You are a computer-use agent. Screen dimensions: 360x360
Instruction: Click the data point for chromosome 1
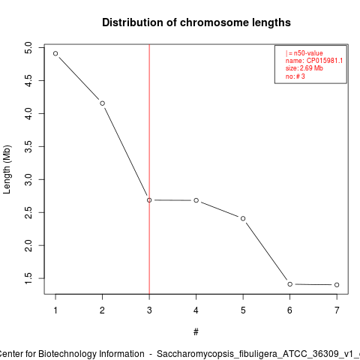(55, 53)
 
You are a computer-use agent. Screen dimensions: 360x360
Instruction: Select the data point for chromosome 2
(102, 103)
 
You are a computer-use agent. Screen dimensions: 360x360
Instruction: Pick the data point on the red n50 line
(149, 200)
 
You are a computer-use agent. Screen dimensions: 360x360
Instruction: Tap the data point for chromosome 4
(196, 200)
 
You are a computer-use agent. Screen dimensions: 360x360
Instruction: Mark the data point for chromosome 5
(243, 218)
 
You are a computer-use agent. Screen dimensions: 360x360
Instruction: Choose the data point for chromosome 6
(290, 284)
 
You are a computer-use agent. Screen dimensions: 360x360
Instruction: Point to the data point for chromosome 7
(337, 285)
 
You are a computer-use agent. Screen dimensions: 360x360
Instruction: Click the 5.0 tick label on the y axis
(28, 47)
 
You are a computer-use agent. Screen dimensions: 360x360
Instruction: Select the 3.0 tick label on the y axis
(28, 179)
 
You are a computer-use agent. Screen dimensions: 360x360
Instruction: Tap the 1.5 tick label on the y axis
(28, 278)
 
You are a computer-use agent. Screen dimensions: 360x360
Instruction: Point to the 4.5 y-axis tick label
(28, 80)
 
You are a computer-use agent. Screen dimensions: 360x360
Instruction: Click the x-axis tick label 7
(337, 310)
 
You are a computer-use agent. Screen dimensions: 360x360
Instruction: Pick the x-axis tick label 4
(196, 310)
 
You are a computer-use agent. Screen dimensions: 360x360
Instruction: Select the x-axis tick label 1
(55, 310)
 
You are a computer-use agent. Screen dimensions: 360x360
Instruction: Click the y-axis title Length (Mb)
(7, 169)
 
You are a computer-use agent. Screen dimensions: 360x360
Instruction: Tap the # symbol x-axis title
(196, 332)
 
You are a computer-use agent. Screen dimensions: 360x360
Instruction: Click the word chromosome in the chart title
(214, 22)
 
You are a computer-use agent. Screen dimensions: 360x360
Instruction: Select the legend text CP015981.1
(325, 61)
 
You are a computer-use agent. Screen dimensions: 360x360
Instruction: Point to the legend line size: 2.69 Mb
(304, 68)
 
